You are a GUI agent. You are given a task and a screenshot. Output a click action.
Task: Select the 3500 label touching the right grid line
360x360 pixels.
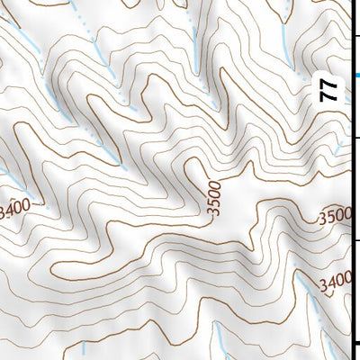pos(335,217)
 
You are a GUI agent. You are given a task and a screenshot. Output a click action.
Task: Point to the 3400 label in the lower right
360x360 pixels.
pos(335,283)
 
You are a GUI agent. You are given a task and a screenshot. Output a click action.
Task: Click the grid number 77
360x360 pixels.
pos(330,91)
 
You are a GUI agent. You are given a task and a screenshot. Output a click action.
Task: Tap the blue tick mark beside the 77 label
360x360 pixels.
pos(355,76)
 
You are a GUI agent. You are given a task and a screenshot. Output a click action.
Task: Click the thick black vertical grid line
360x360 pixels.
pos(351,180)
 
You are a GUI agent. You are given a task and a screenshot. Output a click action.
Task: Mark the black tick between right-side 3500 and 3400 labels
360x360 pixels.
pos(355,240)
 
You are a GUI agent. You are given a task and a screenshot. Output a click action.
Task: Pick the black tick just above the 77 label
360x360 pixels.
pos(355,35)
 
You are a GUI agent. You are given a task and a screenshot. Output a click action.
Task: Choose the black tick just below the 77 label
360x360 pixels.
pos(355,138)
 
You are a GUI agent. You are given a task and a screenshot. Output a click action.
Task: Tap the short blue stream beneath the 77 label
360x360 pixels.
pos(338,147)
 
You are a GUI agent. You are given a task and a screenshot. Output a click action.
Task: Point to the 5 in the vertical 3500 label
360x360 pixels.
pos(213,204)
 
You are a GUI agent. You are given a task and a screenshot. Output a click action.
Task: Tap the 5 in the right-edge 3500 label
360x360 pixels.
pos(331,217)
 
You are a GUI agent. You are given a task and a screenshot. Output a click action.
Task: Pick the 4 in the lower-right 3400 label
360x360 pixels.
pos(331,283)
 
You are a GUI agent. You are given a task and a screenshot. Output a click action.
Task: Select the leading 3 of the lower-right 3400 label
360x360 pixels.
pos(323,285)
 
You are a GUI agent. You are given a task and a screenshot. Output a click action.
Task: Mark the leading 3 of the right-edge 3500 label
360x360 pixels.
pos(323,219)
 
